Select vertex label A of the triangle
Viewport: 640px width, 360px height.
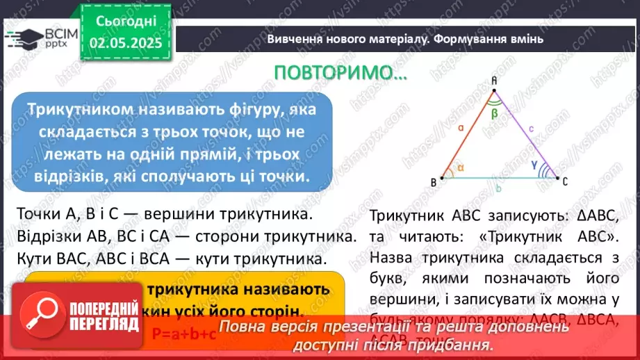tap(494, 81)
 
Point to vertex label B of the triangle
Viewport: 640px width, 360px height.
tap(433, 183)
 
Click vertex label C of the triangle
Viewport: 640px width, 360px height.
tap(566, 182)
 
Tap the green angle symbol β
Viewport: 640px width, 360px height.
tap(494, 112)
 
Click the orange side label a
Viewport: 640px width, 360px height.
tap(461, 129)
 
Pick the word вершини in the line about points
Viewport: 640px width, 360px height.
tap(188, 212)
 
